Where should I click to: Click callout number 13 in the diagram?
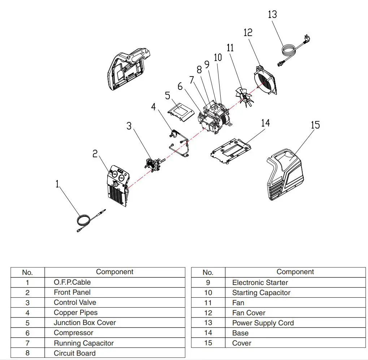pyautogui.click(x=272, y=14)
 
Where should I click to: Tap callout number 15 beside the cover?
pyautogui.click(x=315, y=125)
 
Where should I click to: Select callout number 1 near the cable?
pyautogui.click(x=57, y=184)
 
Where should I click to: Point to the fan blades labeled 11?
pyautogui.click(x=245, y=97)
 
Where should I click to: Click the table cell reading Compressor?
pyautogui.click(x=73, y=333)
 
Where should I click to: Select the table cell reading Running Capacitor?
pyautogui.click(x=83, y=343)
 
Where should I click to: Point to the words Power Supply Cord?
pyautogui.click(x=263, y=323)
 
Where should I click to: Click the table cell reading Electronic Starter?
pyautogui.click(x=260, y=282)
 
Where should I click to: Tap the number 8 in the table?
pyautogui.click(x=27, y=353)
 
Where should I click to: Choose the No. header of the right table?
pyautogui.click(x=208, y=272)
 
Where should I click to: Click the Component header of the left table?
pyautogui.click(x=114, y=272)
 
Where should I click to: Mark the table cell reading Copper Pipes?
pyautogui.click(x=75, y=313)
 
